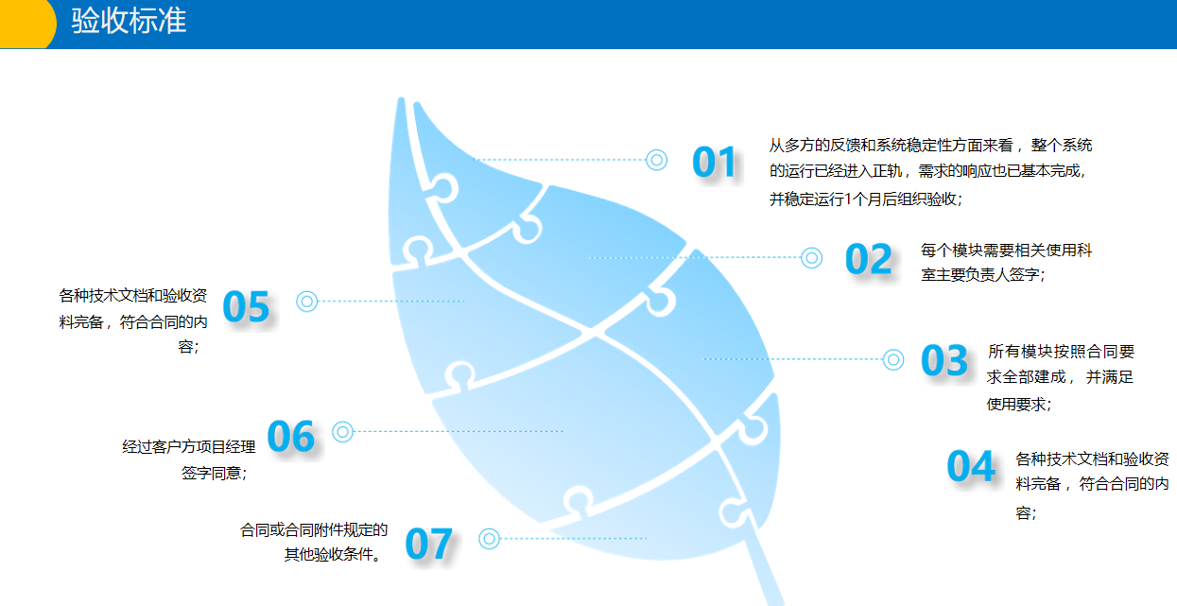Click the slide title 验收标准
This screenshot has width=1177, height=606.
[x=129, y=21]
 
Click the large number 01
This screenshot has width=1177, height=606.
[x=714, y=162]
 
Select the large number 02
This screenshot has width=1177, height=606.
[x=869, y=259]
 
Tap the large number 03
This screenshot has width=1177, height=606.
[x=944, y=360]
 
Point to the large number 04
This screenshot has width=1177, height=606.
[x=971, y=466]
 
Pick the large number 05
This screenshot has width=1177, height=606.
[x=246, y=306]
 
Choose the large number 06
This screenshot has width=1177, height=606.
[x=290, y=436]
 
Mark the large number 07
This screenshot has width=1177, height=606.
[x=429, y=544]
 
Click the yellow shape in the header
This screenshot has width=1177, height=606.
[x=26, y=25]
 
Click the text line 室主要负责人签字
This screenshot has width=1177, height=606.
[x=983, y=275]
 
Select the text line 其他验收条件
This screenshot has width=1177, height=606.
[x=333, y=555]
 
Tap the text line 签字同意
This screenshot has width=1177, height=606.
[x=215, y=473]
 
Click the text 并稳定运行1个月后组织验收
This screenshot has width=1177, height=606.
[x=866, y=199]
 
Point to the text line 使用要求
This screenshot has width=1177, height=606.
[x=1019, y=405]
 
